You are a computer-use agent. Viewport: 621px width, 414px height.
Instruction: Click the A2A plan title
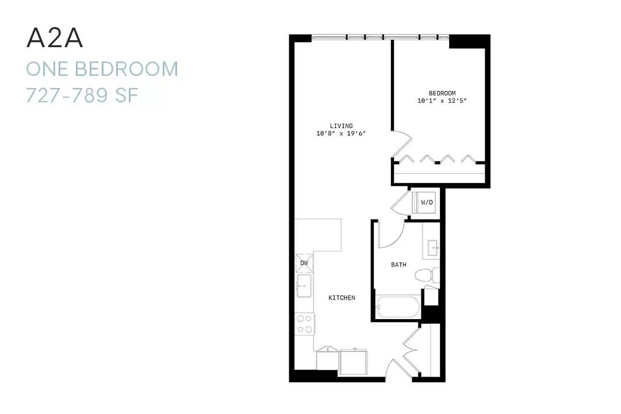55,39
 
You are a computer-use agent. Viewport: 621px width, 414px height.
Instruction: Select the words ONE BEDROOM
102,69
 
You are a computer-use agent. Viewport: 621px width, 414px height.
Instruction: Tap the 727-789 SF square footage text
82,95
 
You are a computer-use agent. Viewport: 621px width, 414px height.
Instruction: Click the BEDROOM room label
442,93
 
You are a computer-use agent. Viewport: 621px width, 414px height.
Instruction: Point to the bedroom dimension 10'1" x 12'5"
442,101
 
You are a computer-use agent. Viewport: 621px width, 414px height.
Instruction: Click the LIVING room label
341,126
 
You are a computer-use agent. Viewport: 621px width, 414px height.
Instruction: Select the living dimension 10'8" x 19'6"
341,133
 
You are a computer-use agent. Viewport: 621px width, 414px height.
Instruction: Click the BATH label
398,264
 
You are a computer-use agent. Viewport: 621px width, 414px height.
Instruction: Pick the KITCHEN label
342,297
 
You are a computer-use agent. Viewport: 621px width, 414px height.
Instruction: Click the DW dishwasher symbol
304,263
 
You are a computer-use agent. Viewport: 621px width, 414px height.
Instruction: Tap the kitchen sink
304,286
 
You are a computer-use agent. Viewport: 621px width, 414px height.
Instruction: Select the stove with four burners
305,324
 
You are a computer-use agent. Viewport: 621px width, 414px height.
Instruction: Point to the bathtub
398,306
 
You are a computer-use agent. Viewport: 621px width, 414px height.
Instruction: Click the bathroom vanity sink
432,248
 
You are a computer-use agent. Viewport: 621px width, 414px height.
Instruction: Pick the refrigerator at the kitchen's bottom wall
354,361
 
